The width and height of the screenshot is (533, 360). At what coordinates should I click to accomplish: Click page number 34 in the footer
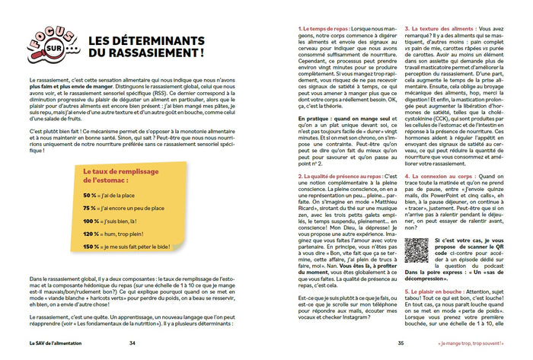[x=133, y=342]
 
